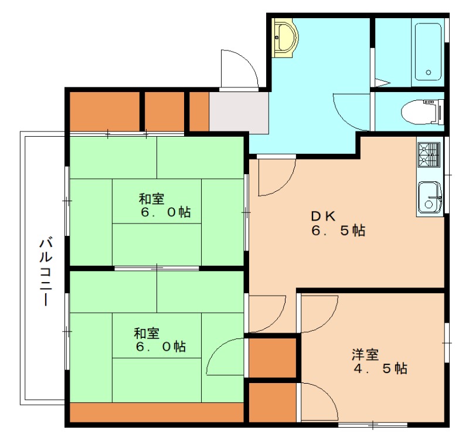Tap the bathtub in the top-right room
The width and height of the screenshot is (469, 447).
(428, 52)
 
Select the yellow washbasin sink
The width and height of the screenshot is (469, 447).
(286, 38)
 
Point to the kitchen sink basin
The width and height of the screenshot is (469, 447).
(430, 197)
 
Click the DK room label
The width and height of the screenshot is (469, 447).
(324, 216)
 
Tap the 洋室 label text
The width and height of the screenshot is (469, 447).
(365, 354)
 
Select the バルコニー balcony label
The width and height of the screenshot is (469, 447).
(46, 272)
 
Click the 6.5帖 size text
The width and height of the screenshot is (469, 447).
(338, 231)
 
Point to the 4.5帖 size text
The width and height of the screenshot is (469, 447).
(380, 368)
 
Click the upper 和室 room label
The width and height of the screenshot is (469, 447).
(151, 199)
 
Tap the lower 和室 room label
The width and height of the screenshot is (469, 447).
(147, 333)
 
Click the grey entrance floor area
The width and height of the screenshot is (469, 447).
(239, 113)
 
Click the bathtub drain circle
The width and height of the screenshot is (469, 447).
(429, 72)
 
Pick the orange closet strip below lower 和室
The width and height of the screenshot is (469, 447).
(157, 412)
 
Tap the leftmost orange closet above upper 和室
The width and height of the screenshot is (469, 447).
(105, 111)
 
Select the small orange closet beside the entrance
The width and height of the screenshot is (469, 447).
(199, 111)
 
